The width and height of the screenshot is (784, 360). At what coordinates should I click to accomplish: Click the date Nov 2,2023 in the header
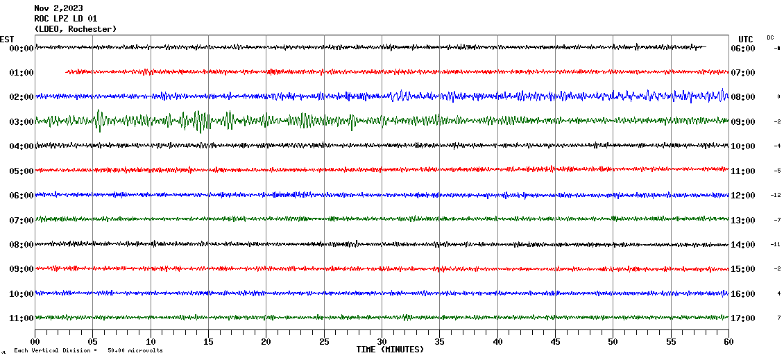click(58, 8)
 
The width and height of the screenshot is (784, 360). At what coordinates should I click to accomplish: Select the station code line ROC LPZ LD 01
click(66, 19)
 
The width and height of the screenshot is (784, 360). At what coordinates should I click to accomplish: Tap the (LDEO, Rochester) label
click(76, 29)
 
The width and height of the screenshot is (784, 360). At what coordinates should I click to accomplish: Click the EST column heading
click(7, 39)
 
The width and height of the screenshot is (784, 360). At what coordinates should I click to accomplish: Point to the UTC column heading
click(745, 39)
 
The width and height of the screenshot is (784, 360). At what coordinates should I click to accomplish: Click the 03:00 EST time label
click(22, 121)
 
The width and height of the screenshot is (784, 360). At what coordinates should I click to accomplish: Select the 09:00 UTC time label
click(742, 121)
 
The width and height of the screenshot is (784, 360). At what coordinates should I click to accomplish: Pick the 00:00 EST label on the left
click(22, 48)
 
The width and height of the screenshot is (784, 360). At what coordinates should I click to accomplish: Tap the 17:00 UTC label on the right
click(742, 318)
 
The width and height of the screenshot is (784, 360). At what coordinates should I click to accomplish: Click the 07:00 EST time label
click(22, 220)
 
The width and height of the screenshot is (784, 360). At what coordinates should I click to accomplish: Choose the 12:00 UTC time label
click(742, 195)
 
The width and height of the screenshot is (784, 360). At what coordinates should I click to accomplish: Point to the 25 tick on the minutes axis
click(324, 341)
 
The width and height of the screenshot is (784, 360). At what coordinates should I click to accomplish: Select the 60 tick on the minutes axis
click(728, 341)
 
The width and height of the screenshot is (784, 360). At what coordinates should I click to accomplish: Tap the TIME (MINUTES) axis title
click(390, 350)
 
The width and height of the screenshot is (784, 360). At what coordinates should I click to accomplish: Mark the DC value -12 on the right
click(776, 195)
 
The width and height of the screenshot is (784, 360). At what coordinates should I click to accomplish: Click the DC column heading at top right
click(770, 37)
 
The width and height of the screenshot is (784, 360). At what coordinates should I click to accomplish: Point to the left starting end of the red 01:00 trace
click(66, 71)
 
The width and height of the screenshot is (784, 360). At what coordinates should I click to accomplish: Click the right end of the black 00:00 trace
click(706, 47)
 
